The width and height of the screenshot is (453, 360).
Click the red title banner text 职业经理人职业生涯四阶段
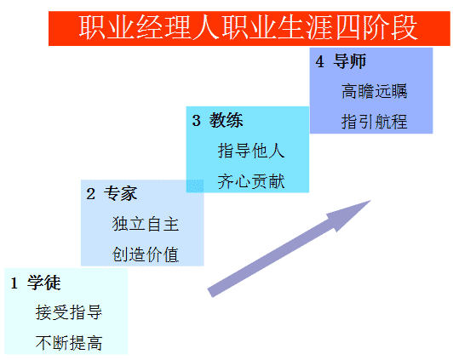[x=248, y=28]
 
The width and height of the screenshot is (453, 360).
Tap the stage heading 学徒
[x=44, y=283]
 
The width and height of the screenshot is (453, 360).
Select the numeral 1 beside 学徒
[x=14, y=283]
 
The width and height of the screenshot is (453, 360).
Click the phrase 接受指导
[x=69, y=312]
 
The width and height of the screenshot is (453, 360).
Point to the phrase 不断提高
[x=69, y=343]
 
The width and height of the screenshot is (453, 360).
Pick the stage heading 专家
[x=120, y=193]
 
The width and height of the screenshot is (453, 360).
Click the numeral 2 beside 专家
[x=90, y=194]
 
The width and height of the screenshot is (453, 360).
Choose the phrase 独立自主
[x=146, y=224]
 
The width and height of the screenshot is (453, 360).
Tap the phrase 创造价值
[x=146, y=254]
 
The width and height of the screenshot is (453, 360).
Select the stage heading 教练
[x=226, y=120]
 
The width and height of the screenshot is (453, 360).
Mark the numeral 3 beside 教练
[x=196, y=120]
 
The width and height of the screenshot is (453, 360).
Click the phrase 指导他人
[x=251, y=151]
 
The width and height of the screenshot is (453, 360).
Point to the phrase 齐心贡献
[x=251, y=181]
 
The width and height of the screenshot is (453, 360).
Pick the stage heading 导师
[x=349, y=61]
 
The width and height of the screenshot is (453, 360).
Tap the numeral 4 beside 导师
[x=319, y=61]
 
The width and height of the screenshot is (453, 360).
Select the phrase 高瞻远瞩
[x=374, y=91]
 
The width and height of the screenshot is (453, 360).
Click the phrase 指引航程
[x=374, y=122]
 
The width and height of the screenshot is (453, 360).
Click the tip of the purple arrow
[x=370, y=200]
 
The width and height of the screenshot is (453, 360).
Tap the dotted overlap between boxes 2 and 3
[x=195, y=186]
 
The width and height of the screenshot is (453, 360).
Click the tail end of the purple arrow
[x=210, y=293]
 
